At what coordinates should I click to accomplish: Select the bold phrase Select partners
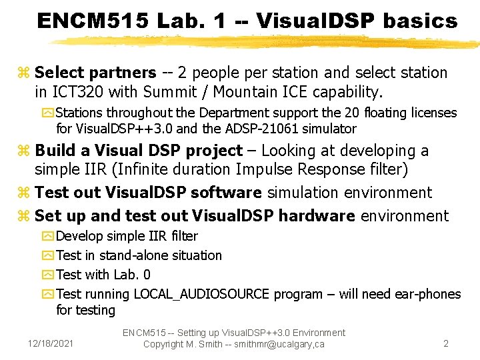coord(95,73)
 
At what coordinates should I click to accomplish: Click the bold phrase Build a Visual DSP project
coord(139,151)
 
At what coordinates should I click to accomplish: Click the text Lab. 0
coord(133,275)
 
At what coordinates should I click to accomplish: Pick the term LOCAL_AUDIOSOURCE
coord(202,294)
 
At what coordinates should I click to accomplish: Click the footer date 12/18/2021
coord(52,344)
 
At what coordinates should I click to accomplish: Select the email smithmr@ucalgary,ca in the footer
coord(275,344)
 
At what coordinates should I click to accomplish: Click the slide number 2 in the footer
coord(446,344)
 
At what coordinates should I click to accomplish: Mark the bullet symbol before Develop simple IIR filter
coord(49,237)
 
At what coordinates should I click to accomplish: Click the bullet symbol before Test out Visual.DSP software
coord(26,194)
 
